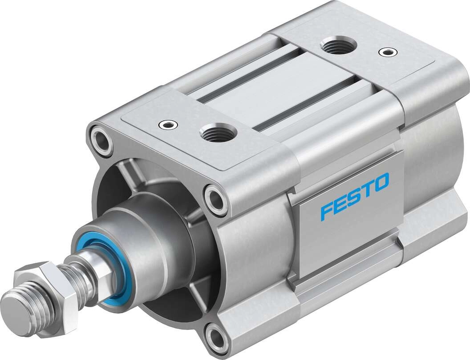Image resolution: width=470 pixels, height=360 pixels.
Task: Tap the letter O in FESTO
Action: [x=381, y=183]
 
